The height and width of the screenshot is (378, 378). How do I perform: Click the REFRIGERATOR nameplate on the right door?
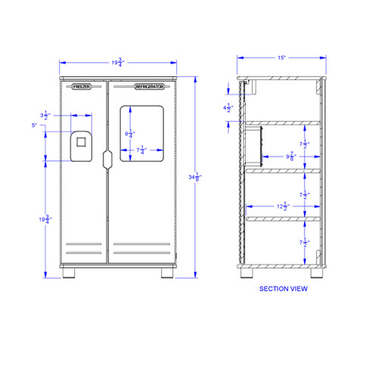(149, 88)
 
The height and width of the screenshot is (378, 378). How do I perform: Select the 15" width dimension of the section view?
(282, 56)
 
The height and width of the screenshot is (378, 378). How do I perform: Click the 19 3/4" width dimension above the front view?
(118, 63)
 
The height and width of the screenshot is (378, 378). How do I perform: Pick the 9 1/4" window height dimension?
(131, 135)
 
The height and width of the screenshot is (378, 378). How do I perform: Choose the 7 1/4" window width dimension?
(141, 150)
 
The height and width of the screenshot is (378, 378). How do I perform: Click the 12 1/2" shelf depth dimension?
(283, 207)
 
